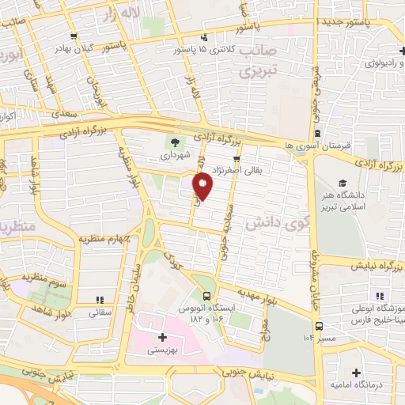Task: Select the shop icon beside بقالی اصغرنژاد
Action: click(x=257, y=158)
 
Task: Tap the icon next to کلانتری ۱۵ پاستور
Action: click(x=204, y=37)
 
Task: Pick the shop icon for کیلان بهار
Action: click(x=74, y=36)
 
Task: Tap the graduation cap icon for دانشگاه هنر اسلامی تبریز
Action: click(x=343, y=184)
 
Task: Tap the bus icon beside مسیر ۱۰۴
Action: click(x=319, y=325)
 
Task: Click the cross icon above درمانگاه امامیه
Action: click(x=356, y=372)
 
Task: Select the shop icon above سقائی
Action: click(x=99, y=300)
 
